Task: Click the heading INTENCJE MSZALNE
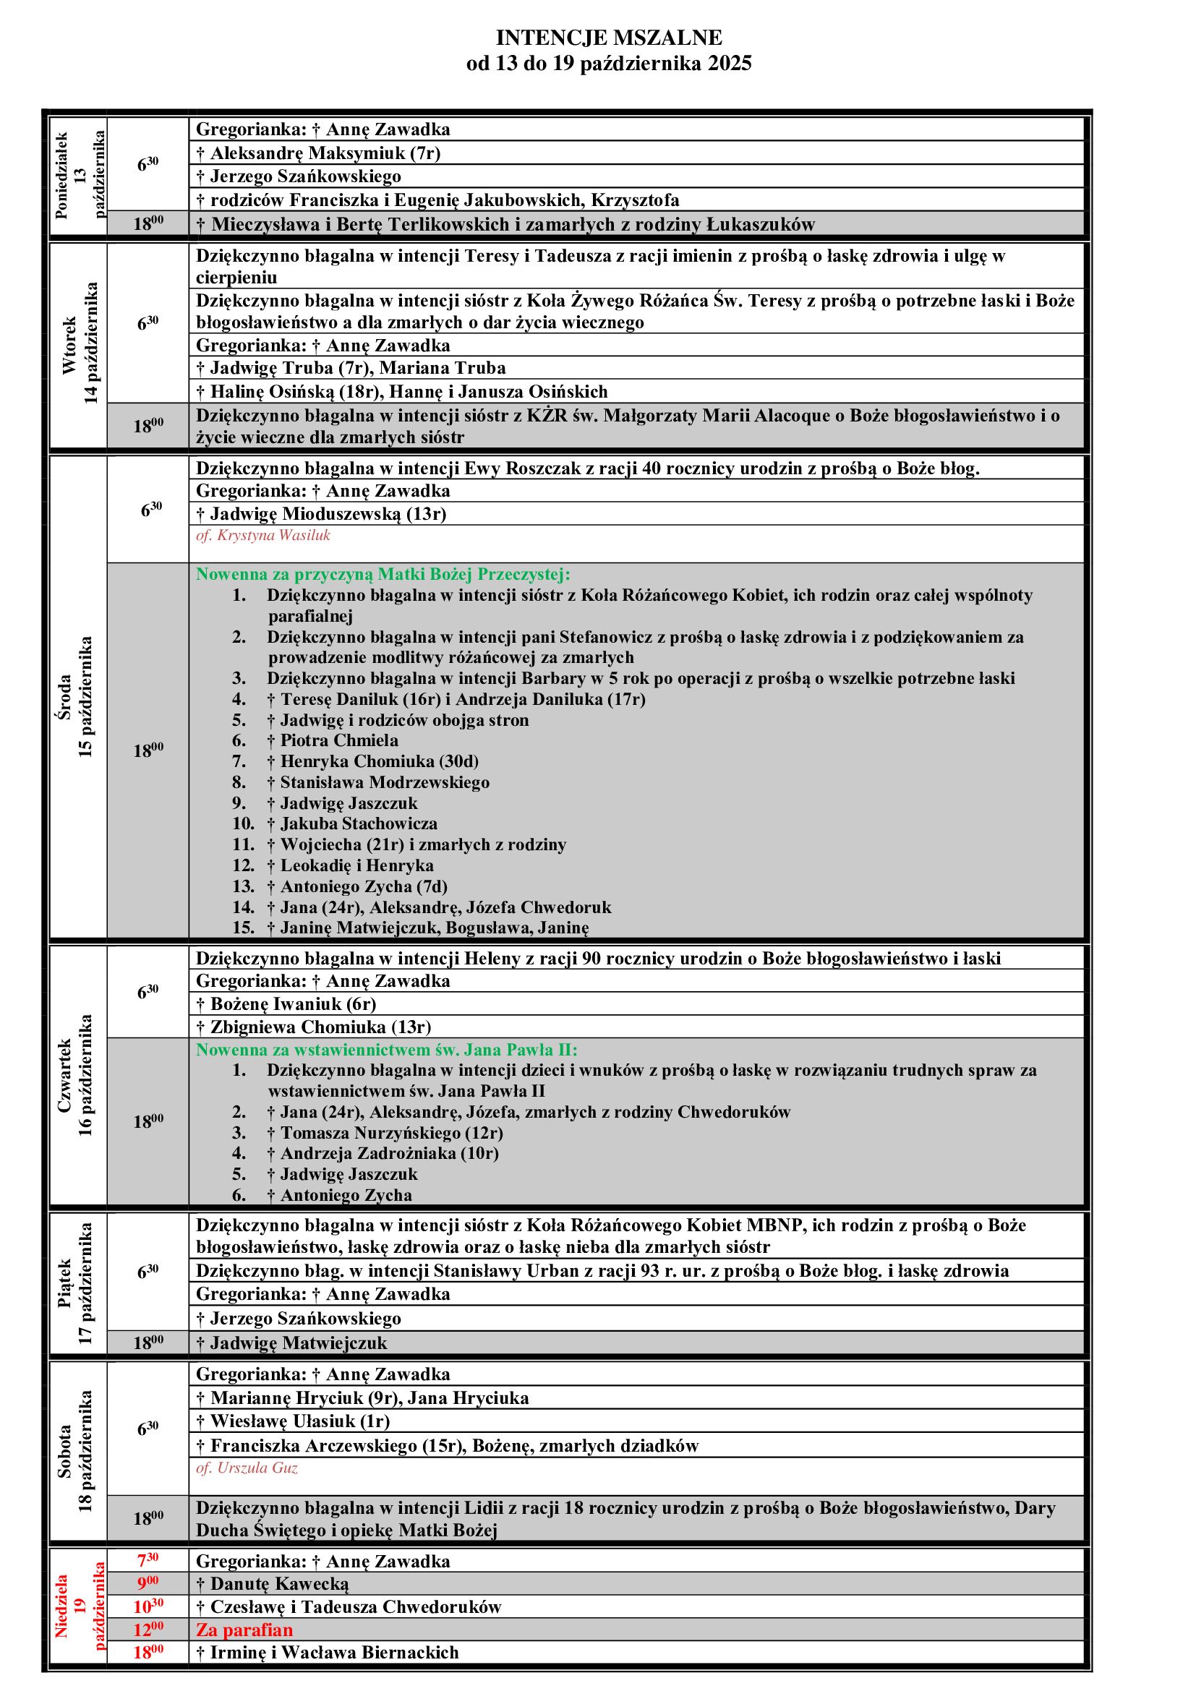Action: pyautogui.click(x=608, y=37)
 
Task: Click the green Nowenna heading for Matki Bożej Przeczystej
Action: pyautogui.click(x=383, y=574)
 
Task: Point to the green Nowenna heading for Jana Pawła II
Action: pyautogui.click(x=387, y=1050)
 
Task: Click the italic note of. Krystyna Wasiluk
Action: pyautogui.click(x=263, y=536)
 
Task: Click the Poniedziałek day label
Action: pyautogui.click(x=62, y=176)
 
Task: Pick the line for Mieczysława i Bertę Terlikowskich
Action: pyautogui.click(x=505, y=224)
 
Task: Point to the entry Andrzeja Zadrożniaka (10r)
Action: pyautogui.click(x=383, y=1153)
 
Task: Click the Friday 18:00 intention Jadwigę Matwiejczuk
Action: pyautogui.click(x=291, y=1343)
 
